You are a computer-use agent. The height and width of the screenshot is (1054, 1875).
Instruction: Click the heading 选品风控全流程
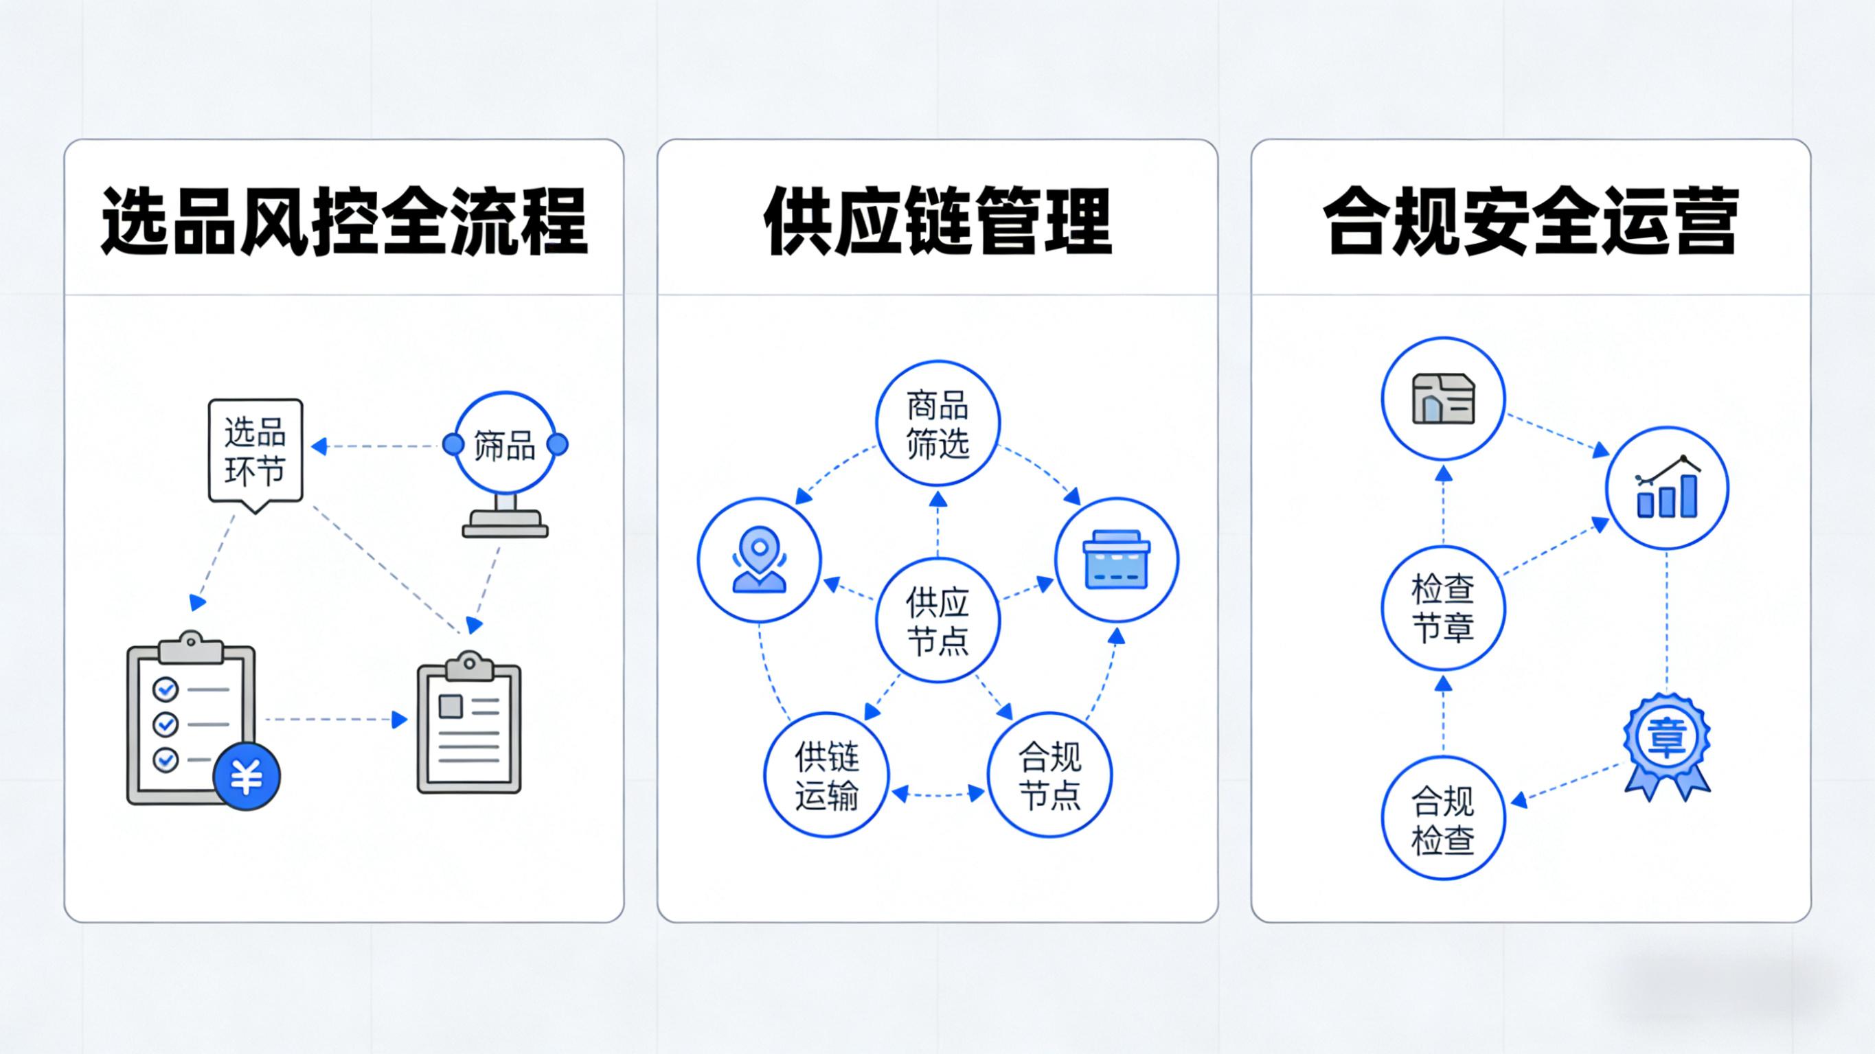tap(343, 221)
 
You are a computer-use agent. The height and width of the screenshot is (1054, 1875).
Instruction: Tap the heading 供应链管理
tap(937, 221)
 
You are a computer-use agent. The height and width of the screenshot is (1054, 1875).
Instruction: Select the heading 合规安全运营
tap(1530, 221)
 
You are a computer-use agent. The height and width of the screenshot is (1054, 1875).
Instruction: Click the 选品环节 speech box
tap(255, 450)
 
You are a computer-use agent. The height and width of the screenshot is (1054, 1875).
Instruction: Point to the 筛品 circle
tap(505, 445)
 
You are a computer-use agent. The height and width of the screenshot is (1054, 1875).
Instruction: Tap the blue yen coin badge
tap(247, 777)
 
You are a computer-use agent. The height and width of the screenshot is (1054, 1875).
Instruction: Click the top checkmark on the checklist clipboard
tap(166, 689)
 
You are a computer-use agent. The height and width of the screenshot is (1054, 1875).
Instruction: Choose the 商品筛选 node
tap(937, 423)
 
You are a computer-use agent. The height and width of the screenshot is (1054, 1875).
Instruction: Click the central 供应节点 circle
tap(937, 620)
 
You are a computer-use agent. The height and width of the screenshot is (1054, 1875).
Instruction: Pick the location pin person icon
tap(759, 560)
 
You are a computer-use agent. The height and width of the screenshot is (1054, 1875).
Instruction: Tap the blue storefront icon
tap(1117, 560)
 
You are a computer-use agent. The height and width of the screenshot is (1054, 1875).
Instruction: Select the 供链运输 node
tap(827, 775)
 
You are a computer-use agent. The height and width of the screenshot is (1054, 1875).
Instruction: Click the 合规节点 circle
tap(1049, 775)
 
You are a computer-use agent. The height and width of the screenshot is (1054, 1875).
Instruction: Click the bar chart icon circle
tap(1667, 488)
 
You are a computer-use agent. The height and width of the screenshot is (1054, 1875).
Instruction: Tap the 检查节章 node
tap(1444, 608)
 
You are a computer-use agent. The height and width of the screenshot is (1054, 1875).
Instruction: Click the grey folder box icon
tap(1444, 398)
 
